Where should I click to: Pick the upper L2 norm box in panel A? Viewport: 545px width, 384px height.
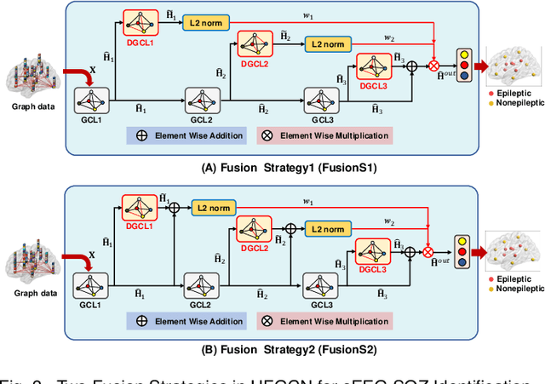[205, 22]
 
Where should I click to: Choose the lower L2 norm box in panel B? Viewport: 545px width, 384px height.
[328, 229]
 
